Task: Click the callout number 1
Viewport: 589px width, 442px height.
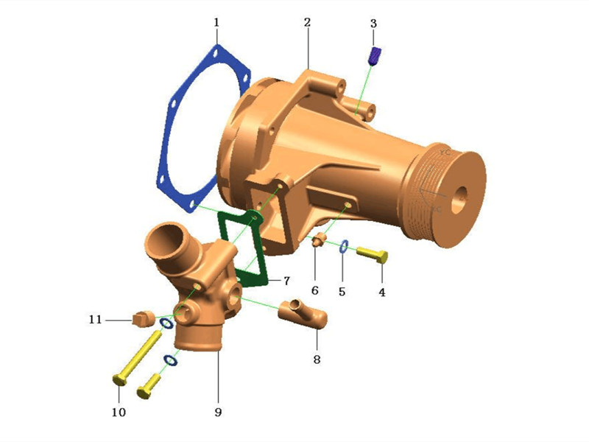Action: tap(216, 23)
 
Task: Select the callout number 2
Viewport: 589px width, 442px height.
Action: tap(308, 23)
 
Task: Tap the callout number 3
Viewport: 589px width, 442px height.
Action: tap(373, 24)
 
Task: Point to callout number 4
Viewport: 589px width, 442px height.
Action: tap(381, 291)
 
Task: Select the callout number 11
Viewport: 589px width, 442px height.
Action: tap(95, 320)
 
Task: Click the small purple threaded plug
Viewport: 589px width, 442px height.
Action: tap(375, 56)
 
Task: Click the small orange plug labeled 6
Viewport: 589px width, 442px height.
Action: tap(320, 241)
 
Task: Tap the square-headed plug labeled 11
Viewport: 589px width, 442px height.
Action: tap(144, 318)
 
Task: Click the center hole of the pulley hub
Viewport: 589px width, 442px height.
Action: tap(461, 195)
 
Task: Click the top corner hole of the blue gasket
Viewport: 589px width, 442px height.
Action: tap(214, 54)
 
